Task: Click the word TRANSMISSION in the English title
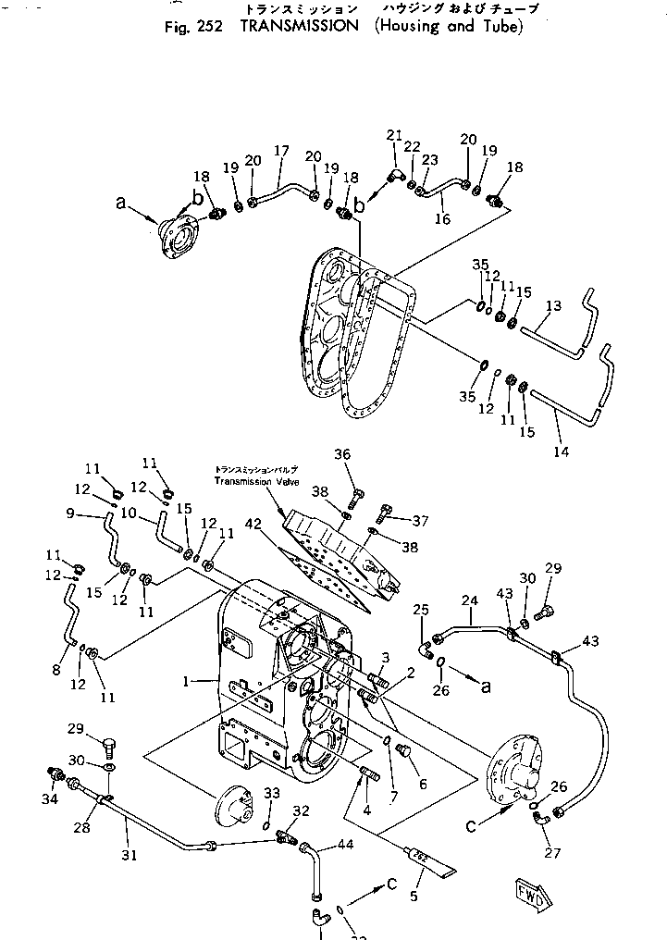[298, 26]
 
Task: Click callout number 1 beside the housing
[187, 682]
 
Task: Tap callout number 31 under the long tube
[130, 856]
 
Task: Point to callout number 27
[552, 853]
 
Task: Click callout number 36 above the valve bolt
[343, 453]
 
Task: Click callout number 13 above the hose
[553, 305]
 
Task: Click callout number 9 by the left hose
[70, 514]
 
